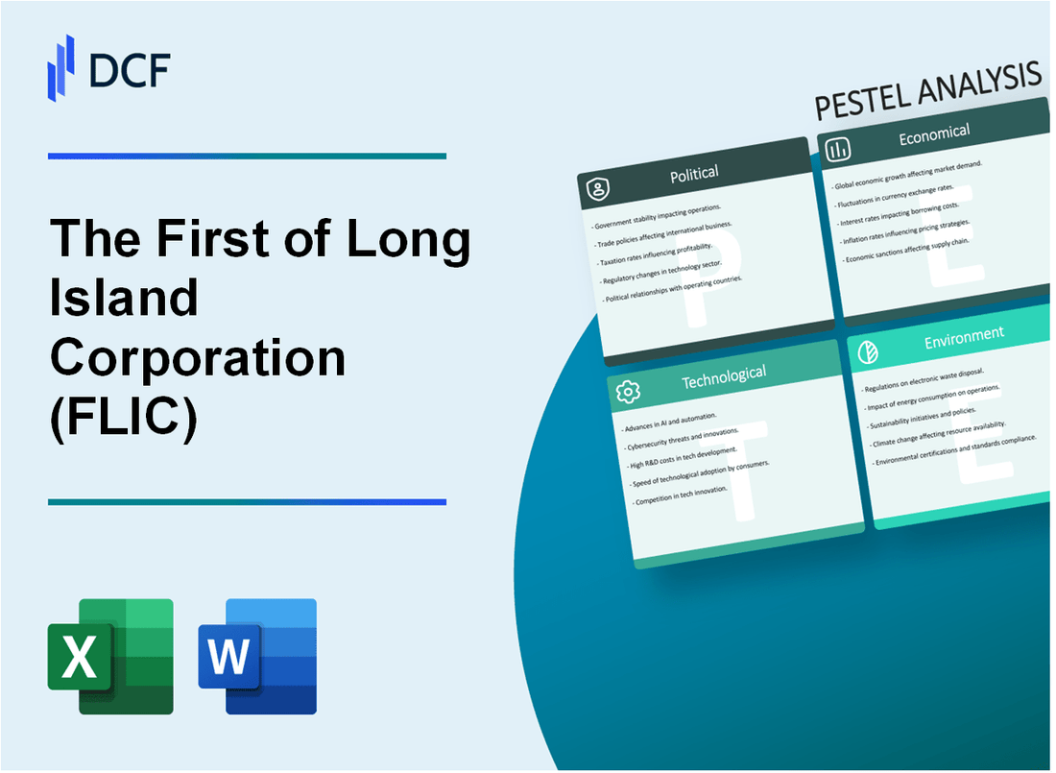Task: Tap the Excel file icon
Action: pos(110,657)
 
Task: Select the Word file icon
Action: pos(257,657)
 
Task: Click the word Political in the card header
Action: pos(694,174)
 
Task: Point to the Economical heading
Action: pos(933,135)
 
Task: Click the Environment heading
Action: pos(964,335)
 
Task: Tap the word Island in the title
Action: pos(124,299)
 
